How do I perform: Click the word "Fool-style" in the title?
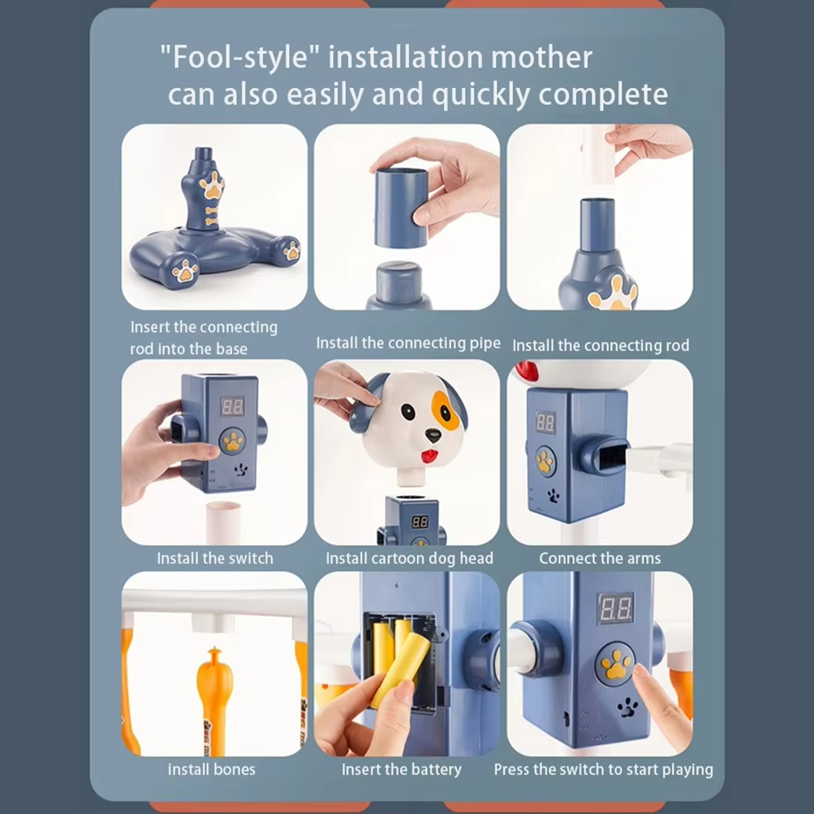[x=239, y=58]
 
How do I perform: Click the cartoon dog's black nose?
[x=432, y=433]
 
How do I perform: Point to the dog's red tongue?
[x=428, y=456]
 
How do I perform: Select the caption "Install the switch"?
[x=215, y=559]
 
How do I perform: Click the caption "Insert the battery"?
[x=401, y=769]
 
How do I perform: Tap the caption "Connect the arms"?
[x=600, y=559]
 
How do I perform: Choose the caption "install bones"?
[x=212, y=769]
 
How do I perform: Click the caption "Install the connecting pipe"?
[x=408, y=343]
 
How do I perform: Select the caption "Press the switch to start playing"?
[x=603, y=770]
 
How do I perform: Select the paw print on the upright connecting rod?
[x=212, y=185]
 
